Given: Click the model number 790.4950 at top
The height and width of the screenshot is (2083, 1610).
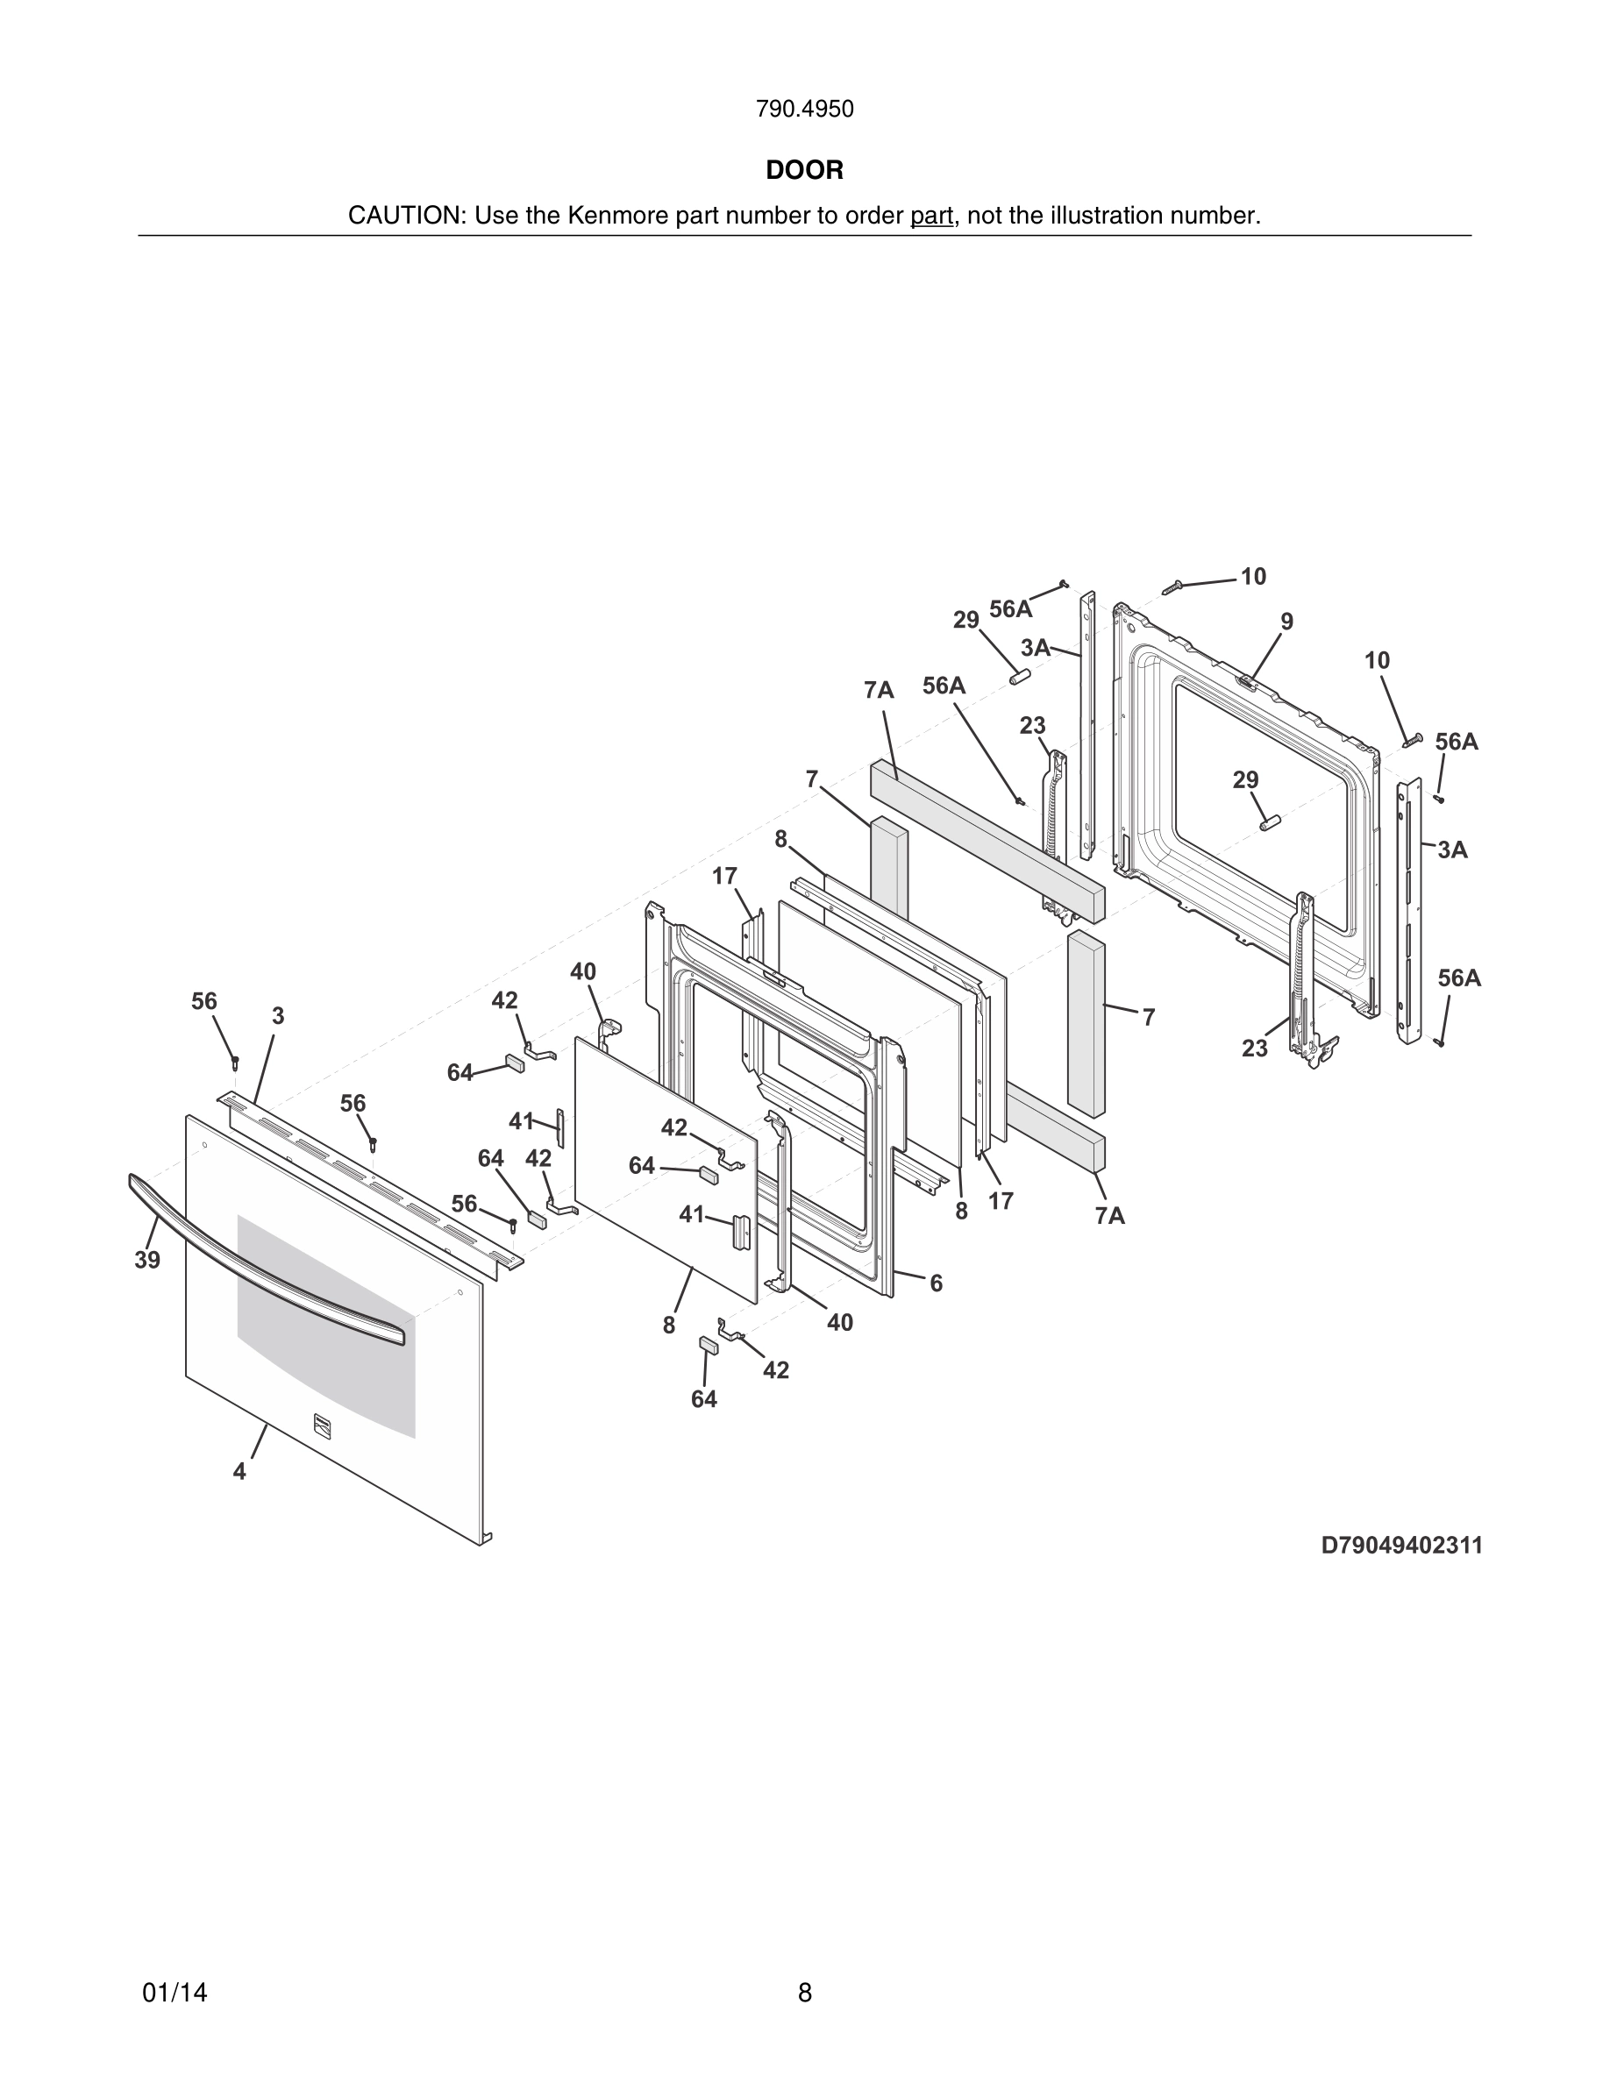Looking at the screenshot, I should point(804,110).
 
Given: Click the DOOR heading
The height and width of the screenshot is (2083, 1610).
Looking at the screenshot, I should point(804,171).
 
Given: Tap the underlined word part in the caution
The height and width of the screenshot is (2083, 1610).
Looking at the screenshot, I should point(931,217).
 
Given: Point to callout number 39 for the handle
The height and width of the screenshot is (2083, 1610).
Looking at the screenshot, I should point(147,1260).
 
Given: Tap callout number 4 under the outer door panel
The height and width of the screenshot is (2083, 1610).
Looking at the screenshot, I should point(239,1472).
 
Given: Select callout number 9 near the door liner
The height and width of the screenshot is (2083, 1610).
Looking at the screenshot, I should point(1286,622).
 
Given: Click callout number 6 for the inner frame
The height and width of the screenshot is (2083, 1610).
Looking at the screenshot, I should point(936,1283).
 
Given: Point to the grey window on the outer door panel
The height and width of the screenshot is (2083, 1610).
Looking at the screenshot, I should point(324,1326).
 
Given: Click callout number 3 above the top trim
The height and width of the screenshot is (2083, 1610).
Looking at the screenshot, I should point(278,1017).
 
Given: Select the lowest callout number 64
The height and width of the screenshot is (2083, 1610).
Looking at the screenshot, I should point(704,1399).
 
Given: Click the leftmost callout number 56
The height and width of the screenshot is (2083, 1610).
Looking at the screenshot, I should point(204,1001).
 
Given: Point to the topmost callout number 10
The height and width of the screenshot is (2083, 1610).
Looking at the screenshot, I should point(1253,576).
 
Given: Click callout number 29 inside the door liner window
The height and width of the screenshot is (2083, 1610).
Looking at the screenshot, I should point(1246,780).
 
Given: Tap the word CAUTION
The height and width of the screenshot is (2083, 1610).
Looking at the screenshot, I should point(404,217).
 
